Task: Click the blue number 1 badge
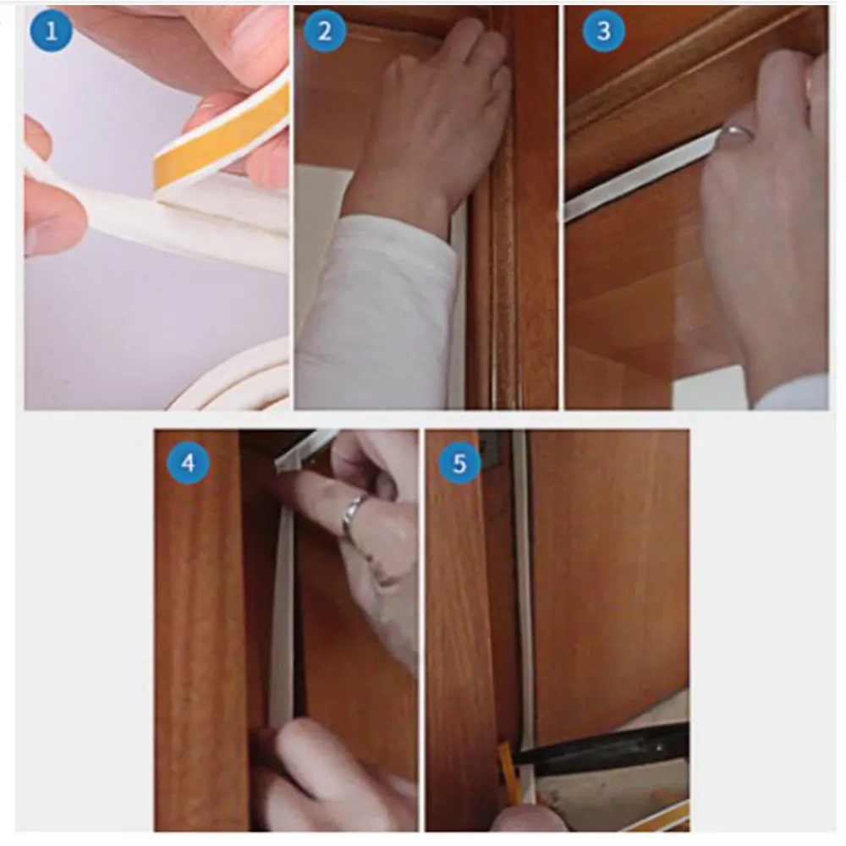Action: pyautogui.click(x=51, y=31)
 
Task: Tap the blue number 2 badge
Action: pyautogui.click(x=325, y=31)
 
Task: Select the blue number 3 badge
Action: pyautogui.click(x=604, y=31)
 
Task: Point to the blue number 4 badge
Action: pyautogui.click(x=189, y=463)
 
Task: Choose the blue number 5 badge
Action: pyautogui.click(x=459, y=463)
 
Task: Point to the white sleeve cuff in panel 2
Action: pyautogui.click(x=377, y=313)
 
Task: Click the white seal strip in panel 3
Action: pyautogui.click(x=642, y=175)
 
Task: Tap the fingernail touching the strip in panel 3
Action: pyautogui.click(x=737, y=132)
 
